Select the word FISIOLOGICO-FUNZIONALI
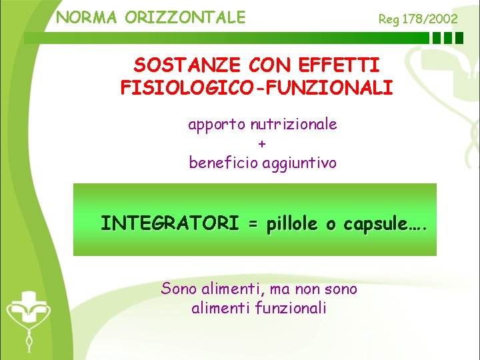pos(257,87)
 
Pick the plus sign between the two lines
pos(261,143)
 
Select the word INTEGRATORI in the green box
pos(169,223)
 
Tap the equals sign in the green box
pos(253,225)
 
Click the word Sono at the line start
pos(179,289)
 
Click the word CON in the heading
pos(271,65)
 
